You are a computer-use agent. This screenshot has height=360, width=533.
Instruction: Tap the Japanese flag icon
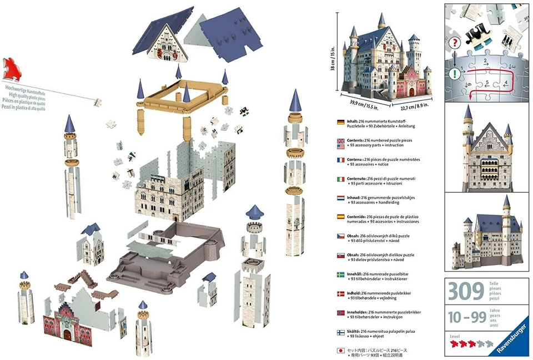tap(341, 351)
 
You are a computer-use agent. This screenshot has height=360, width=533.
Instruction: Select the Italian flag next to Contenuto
tap(341, 180)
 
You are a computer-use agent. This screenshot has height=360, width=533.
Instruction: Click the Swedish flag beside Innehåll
tap(341, 275)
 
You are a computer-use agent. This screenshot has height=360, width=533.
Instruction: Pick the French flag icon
tap(341, 160)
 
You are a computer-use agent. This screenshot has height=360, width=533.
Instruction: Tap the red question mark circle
tap(456, 42)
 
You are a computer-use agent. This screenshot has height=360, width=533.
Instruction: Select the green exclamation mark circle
tap(456, 73)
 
